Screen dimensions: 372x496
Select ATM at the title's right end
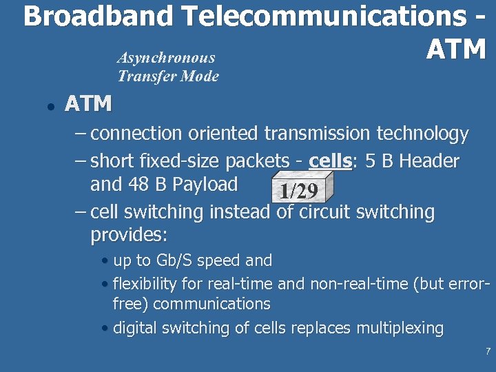pyautogui.click(x=456, y=50)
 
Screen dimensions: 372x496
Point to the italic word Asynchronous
pyautogui.click(x=166, y=58)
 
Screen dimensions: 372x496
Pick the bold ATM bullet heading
pyautogui.click(x=87, y=104)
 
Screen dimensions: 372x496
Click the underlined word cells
pyautogui.click(x=330, y=161)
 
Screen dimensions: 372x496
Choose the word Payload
pyautogui.click(x=205, y=185)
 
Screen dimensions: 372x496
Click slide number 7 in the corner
pyautogui.click(x=488, y=352)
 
